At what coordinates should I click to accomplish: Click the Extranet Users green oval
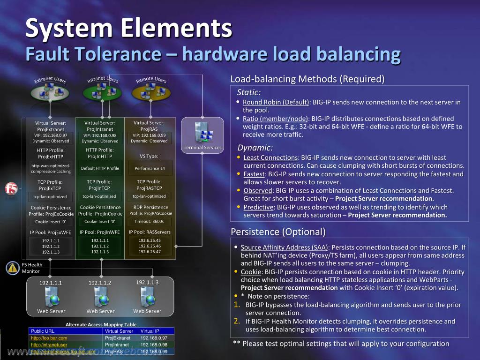[50, 92]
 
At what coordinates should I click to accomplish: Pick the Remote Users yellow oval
[151, 92]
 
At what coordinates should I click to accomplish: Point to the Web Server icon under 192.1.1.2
[100, 297]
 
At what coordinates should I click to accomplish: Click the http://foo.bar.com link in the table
[49, 337]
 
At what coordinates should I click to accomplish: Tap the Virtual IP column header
[150, 331]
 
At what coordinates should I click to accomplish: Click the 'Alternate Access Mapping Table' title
[101, 324]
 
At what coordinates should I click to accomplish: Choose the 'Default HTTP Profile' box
[100, 168]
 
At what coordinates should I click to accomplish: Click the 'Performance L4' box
[149, 168]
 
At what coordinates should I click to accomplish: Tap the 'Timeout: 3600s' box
[149, 222]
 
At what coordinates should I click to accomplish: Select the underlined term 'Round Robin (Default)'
[276, 102]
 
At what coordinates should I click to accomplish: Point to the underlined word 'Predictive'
[258, 207]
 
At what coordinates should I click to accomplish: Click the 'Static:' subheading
[249, 92]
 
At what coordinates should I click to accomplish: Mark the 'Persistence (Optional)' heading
[278, 232]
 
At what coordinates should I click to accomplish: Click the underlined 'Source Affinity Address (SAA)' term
[285, 247]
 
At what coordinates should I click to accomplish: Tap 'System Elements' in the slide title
[128, 28]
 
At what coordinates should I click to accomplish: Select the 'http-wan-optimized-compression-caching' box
[51, 169]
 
